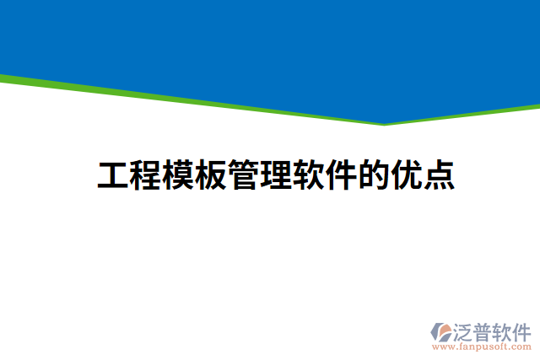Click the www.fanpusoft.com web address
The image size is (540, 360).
point(482,347)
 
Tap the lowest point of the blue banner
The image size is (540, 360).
point(385,122)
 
